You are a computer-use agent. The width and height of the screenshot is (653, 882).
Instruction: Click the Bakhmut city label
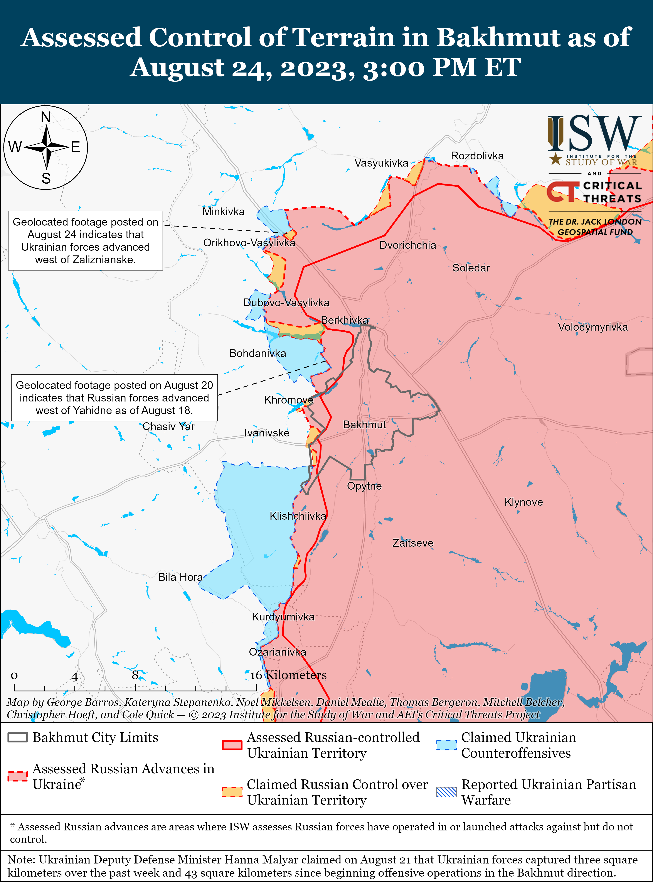[x=364, y=425]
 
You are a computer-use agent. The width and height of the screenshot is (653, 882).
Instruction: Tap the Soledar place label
[x=471, y=268]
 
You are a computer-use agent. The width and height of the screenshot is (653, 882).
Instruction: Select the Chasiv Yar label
[x=168, y=426]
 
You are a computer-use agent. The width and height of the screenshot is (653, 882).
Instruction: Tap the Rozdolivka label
[x=477, y=156]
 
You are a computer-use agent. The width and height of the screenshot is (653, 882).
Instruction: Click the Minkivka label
[x=223, y=212]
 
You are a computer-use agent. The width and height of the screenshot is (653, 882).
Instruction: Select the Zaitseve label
[x=413, y=543]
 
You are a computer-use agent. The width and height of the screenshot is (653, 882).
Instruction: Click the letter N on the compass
[x=46, y=117]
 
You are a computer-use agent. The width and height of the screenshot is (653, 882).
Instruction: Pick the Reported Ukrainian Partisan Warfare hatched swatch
[x=446, y=792]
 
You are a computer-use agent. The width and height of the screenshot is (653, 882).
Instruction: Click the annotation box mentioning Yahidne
[x=114, y=397]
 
